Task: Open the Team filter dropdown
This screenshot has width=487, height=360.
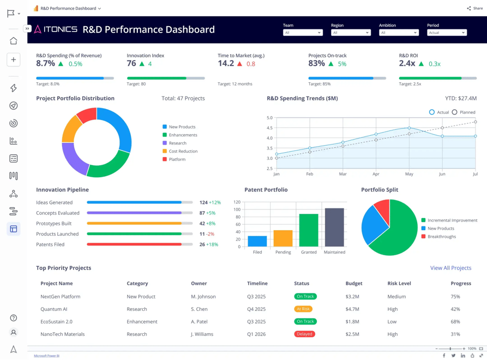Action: coord(303,33)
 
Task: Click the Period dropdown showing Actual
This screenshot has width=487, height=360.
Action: coord(447,33)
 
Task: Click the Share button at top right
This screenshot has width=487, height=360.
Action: coord(475,8)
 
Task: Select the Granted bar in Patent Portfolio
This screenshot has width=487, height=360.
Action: coord(309,230)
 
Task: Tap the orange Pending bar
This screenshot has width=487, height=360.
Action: coord(283,238)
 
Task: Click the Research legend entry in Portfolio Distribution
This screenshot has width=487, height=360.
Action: coord(177,143)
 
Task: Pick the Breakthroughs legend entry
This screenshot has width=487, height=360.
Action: coord(441,237)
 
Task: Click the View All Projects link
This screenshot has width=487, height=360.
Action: coord(450,268)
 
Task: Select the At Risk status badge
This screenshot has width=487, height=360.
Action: coord(303,309)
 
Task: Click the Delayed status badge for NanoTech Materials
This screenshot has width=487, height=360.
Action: coord(304,334)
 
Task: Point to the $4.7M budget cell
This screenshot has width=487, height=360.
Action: coord(352,309)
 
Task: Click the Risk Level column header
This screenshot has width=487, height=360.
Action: coord(399,284)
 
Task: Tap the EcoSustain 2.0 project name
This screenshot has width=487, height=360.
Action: coord(56,321)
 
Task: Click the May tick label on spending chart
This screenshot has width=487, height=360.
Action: coord(409,174)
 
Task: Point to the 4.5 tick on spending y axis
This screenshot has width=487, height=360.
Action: coord(269,128)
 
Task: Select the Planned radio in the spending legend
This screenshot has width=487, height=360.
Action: coord(455,112)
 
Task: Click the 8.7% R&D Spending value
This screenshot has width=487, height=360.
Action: coord(46,63)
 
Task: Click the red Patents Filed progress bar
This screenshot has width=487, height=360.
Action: coord(134,244)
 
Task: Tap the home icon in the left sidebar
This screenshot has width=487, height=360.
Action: coord(14,41)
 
